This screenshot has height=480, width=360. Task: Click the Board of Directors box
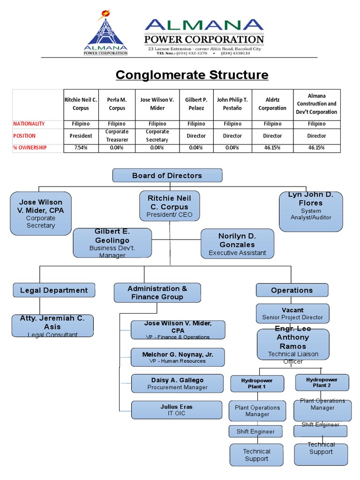tap(167, 176)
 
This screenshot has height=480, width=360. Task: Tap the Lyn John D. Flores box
tap(311, 211)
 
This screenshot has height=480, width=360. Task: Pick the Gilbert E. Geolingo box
tap(112, 243)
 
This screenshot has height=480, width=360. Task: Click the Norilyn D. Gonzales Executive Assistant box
tap(237, 244)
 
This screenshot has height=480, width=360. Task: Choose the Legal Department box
tap(54, 290)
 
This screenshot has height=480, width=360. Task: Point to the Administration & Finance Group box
tap(157, 292)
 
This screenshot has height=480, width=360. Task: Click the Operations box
tap(292, 290)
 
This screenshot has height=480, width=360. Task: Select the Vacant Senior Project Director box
tap(292, 314)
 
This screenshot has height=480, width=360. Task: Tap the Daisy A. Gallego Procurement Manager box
tap(177, 383)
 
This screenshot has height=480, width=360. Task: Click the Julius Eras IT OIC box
tap(177, 410)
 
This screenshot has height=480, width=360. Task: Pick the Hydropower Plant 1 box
tap(257, 383)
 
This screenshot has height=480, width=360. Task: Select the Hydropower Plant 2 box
tap(322, 382)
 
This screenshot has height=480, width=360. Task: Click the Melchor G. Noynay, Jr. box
tap(177, 357)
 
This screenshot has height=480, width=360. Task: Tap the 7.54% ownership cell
tap(81, 148)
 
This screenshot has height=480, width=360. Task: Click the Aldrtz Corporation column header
tap(272, 105)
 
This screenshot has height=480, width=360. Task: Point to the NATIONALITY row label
tap(29, 124)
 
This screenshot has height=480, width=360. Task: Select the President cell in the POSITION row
tap(81, 135)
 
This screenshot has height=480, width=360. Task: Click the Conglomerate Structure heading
tap(192, 75)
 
